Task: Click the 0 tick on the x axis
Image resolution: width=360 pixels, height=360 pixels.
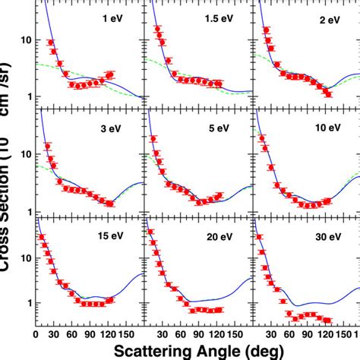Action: [36, 333]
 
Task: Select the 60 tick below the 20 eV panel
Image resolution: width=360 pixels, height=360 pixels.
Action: [182, 333]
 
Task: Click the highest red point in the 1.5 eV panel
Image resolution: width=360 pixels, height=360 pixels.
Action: [158, 30]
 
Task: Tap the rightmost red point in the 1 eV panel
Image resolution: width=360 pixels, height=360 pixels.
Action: [112, 74]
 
